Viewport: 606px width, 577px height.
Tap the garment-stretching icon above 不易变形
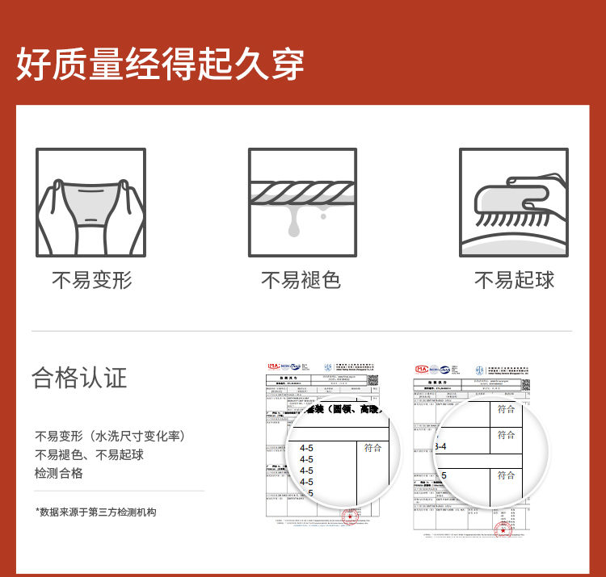90,203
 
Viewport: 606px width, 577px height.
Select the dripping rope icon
302,203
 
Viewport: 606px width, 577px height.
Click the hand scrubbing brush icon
514,203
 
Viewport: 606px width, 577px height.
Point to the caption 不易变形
91,280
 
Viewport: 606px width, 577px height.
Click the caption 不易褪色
301,280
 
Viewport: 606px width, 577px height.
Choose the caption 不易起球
514,280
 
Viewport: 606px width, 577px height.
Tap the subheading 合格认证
79,377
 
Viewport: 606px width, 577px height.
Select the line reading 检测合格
59,473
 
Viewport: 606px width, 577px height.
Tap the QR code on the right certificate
525,384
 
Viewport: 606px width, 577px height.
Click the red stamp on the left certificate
351,517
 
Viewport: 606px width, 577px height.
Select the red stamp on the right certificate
503,530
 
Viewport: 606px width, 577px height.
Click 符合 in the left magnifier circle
372,448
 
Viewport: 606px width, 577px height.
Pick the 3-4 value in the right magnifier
441,446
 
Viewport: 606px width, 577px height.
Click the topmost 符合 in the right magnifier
506,409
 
